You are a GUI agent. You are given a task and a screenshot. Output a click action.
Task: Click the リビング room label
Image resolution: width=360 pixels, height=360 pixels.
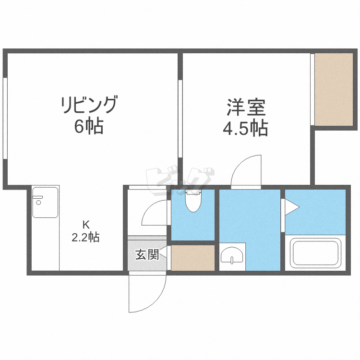pos(89,105)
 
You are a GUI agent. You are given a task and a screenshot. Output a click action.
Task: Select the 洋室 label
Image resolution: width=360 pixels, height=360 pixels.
pos(246,108)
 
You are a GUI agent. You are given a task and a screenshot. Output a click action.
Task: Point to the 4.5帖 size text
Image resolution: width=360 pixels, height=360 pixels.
pos(245,128)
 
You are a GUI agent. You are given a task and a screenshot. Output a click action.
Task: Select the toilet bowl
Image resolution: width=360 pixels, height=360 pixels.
pos(193,201)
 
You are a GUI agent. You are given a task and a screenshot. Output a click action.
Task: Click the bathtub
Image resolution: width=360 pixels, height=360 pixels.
pos(315,253)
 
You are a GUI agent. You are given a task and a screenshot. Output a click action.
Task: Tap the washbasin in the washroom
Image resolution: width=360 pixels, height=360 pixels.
pos(232,254)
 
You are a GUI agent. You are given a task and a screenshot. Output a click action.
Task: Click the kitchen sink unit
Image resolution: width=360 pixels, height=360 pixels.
pos(45,203)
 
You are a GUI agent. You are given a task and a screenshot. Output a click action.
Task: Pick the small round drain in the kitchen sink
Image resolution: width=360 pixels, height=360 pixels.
pos(38,202)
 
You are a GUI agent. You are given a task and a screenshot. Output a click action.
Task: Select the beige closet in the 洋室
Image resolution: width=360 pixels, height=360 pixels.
pos(333,89)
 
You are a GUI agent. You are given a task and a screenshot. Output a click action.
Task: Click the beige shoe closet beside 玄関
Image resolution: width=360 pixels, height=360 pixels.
pos(192,258)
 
